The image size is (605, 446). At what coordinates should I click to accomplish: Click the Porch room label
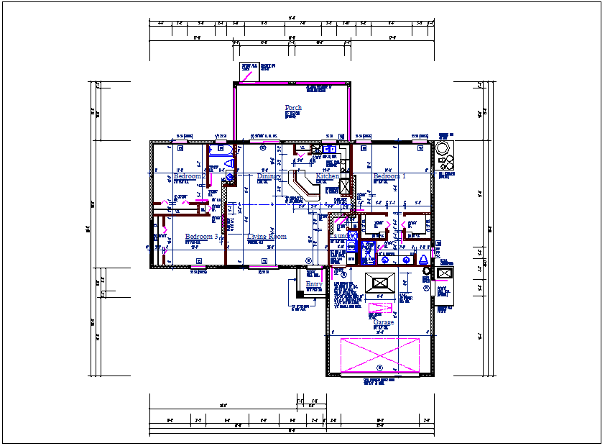coord(293,108)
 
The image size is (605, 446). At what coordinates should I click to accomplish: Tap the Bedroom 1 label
coord(389,176)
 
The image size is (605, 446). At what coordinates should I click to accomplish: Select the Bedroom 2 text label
coord(190,176)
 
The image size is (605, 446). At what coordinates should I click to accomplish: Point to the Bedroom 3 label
coord(201,237)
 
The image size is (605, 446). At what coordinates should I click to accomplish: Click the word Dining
coord(269,176)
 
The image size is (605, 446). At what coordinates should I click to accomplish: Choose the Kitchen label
coord(328,176)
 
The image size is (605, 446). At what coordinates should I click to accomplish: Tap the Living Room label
coord(267,237)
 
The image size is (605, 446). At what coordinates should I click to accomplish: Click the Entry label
coord(313,285)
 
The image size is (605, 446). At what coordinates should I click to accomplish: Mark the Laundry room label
coord(339,236)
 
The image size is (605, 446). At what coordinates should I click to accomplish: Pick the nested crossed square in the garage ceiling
coord(380,283)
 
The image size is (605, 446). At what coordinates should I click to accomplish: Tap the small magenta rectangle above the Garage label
coord(378,310)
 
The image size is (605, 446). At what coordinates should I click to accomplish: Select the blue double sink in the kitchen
coord(330,150)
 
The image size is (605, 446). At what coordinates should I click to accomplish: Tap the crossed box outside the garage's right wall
coord(445,275)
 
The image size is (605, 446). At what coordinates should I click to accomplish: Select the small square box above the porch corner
coord(249,71)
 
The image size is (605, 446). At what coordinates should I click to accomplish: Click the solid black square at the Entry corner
coord(300,293)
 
